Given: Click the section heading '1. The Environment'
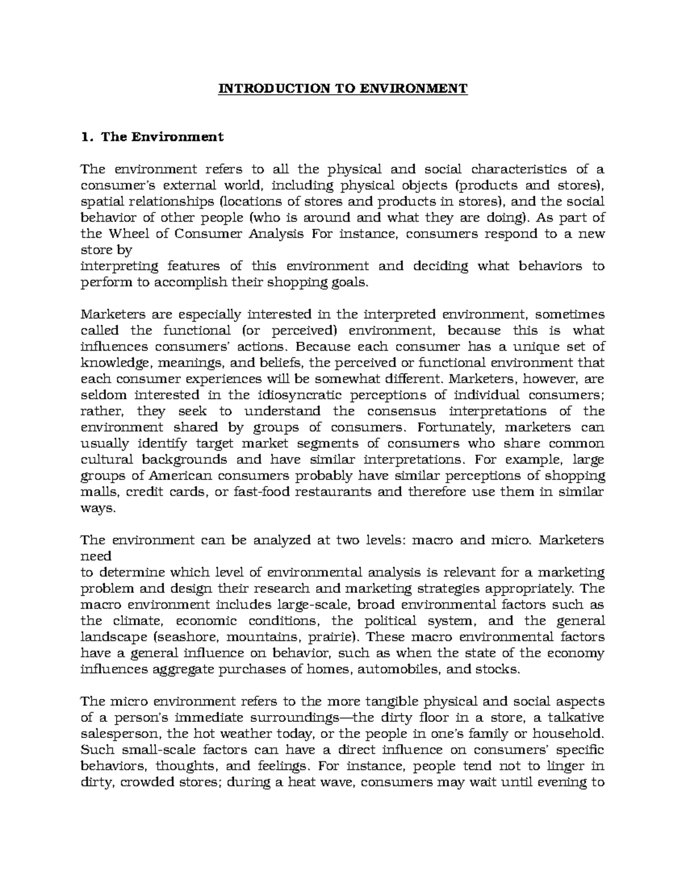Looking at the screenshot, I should [152, 137].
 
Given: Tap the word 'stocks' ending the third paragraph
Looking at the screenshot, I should [501, 669].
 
